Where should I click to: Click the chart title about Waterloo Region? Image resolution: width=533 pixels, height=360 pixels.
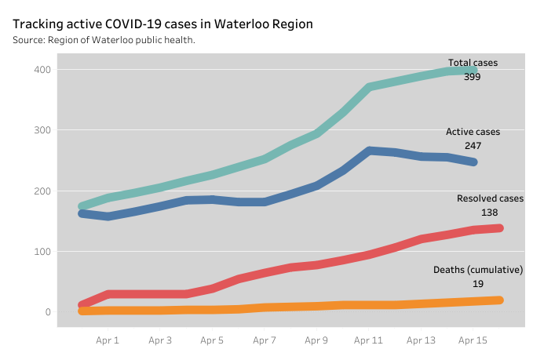162,24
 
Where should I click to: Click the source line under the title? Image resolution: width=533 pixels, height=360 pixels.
104,40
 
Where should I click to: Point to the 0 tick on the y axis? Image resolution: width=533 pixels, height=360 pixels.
47,312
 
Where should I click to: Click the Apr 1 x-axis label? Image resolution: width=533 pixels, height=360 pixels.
108,340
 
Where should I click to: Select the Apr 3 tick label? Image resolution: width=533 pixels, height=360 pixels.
160,340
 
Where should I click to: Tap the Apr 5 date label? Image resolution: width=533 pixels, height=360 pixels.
212,340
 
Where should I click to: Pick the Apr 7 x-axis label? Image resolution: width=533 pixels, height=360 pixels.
265,340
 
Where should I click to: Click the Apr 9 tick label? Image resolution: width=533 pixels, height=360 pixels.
316,340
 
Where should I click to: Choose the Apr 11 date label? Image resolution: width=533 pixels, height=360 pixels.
368,340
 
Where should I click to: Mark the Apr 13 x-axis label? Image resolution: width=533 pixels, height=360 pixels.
420,340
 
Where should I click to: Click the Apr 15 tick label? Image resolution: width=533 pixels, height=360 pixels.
473,340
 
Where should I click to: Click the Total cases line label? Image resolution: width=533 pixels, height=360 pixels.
473,63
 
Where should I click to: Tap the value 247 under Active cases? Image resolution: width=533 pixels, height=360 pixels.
473,146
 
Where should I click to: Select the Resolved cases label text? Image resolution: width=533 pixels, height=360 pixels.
490,198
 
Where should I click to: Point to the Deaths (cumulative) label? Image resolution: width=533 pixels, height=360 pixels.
478,270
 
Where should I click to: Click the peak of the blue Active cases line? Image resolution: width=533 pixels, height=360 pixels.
369,150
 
